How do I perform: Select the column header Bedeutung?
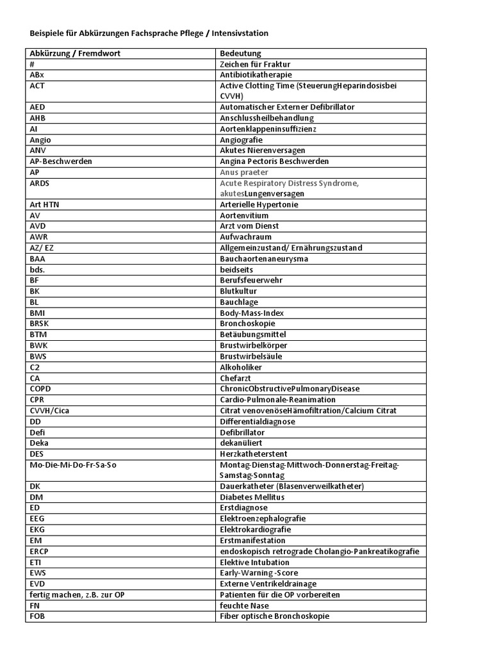point(241,54)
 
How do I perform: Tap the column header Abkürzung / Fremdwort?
point(75,54)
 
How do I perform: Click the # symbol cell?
point(32,64)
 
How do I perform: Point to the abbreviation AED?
point(37,107)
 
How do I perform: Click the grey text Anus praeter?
point(244,172)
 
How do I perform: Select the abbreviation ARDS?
point(40,183)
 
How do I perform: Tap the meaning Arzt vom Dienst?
point(249,226)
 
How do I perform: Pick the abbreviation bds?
point(37,270)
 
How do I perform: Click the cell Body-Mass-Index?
point(252,313)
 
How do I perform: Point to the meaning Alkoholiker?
point(241,367)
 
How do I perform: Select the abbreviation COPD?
point(40,389)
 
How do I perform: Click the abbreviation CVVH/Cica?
point(49,411)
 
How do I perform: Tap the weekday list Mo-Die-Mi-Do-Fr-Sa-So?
point(73,464)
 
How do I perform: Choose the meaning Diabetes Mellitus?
point(252,497)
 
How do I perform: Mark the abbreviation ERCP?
point(39,552)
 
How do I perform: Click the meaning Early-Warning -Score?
point(259,573)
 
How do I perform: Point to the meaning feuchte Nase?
point(244,605)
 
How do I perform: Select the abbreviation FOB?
point(38,616)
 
